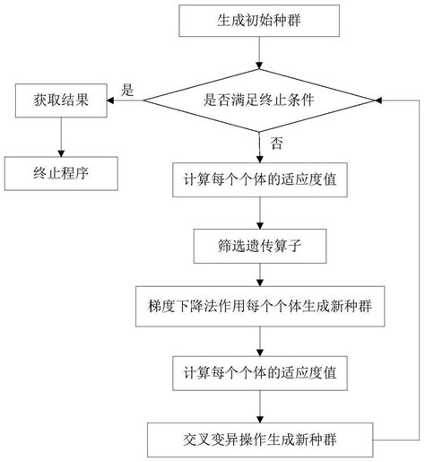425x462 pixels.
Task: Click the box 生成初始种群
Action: (x=258, y=20)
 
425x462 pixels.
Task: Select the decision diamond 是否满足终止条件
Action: (x=258, y=100)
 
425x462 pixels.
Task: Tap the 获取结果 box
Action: (x=61, y=100)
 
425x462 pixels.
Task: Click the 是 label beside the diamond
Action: (x=127, y=89)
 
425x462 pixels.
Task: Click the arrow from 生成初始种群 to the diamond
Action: (x=258, y=53)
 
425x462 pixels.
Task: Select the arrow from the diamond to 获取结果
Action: (x=125, y=100)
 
